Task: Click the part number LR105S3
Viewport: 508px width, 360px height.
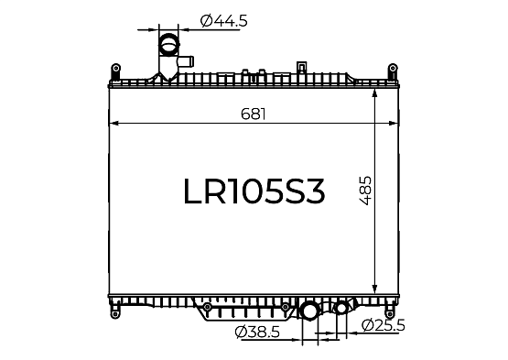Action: pyautogui.click(x=254, y=191)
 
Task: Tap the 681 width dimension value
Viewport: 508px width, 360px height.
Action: pyautogui.click(x=254, y=114)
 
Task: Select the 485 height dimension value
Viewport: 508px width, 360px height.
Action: pyautogui.click(x=365, y=191)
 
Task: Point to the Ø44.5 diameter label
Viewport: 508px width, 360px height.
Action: pyautogui.click(x=224, y=21)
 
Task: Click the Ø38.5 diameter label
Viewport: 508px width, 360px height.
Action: pyautogui.click(x=257, y=333)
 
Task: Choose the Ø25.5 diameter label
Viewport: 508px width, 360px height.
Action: pyautogui.click(x=384, y=325)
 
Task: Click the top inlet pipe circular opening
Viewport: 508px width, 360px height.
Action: pyautogui.click(x=168, y=45)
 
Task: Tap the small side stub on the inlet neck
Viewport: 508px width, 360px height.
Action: pyautogui.click(x=187, y=61)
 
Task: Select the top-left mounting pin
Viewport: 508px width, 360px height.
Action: pyautogui.click(x=115, y=68)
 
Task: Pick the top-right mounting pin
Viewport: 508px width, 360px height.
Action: pyautogui.click(x=393, y=68)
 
